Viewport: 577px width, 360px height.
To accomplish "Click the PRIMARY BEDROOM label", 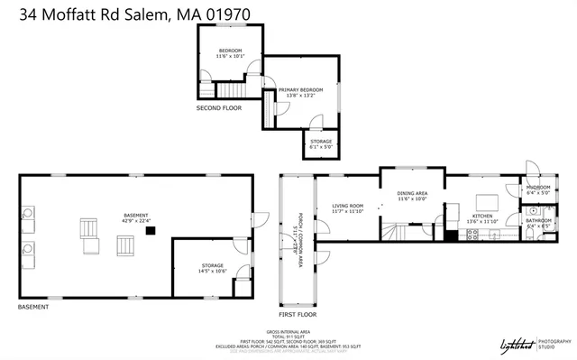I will [300, 90].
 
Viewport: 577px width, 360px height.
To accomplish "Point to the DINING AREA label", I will [412, 193].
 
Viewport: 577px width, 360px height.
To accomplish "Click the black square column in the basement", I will [151, 231].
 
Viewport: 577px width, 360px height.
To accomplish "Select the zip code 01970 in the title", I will [225, 12].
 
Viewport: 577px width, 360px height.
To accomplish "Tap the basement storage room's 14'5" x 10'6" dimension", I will [213, 270].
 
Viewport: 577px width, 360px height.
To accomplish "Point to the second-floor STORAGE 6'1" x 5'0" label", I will [321, 143].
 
